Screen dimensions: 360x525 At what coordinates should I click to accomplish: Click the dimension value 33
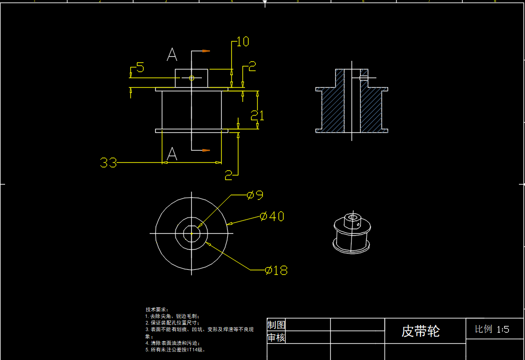[x=109, y=163]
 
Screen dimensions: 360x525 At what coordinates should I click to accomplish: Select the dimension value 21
[x=258, y=116]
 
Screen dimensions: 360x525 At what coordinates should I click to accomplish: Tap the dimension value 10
[x=243, y=42]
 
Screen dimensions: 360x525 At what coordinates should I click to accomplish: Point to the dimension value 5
[x=140, y=67]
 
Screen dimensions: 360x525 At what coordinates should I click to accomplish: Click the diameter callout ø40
[x=272, y=217]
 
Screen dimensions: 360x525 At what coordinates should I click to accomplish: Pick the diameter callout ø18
[x=276, y=270]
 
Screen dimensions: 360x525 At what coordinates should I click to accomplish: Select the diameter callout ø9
[x=255, y=195]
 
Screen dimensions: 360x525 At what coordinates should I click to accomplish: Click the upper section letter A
[x=172, y=54]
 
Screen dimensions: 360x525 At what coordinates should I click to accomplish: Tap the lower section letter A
[x=172, y=154]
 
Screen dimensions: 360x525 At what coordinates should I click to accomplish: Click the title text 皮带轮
[x=421, y=331]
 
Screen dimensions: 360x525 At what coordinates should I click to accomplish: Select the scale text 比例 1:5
[x=492, y=329]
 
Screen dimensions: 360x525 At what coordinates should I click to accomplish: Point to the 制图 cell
[x=276, y=325]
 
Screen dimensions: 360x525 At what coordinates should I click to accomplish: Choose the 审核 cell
[x=276, y=338]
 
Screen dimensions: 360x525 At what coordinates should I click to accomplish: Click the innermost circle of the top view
[x=191, y=234]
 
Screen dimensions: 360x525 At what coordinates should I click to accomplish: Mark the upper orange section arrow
[x=206, y=51]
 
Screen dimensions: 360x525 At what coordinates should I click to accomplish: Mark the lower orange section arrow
[x=206, y=150]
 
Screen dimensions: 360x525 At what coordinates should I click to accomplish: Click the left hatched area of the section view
[x=332, y=109]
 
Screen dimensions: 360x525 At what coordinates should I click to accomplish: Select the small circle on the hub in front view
[x=192, y=78]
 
